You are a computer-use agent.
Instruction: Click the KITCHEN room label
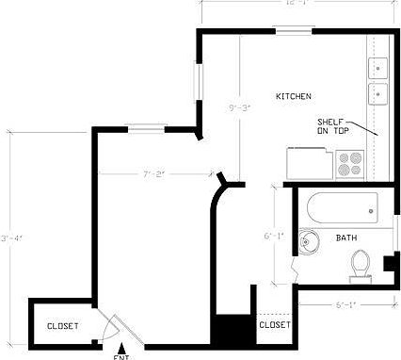tap(293, 97)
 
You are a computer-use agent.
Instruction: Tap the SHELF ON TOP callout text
tap(336, 126)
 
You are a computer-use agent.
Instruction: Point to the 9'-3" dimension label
tap(240, 108)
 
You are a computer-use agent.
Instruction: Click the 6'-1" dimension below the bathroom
tap(345, 304)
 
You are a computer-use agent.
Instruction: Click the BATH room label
tap(346, 237)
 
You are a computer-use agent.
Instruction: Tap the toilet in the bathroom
tap(359, 264)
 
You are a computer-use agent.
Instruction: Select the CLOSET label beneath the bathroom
tap(274, 324)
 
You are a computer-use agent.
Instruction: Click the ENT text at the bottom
tap(120, 356)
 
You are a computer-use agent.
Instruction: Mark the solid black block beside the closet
tap(228, 331)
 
